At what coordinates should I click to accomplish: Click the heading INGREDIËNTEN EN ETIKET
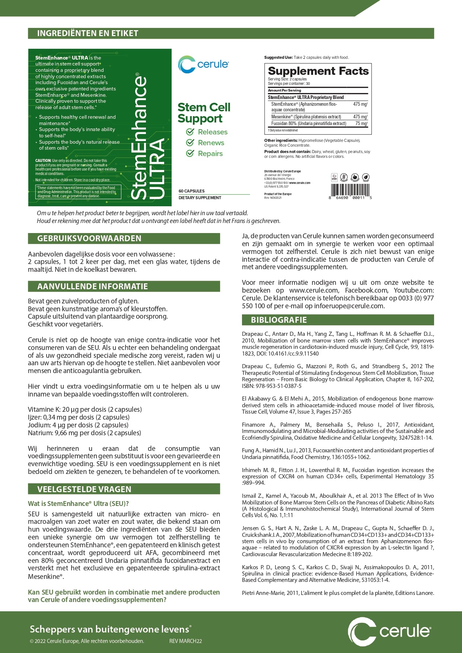pos(87,34)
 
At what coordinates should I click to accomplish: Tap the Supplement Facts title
pos(318,71)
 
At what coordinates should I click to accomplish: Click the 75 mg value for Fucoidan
pos(361,123)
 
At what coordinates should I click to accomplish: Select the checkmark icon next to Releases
pos(190,132)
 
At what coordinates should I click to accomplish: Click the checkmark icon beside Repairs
pos(190,153)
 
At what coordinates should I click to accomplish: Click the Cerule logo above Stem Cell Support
pos(203,64)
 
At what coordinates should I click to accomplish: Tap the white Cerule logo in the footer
pos(389,631)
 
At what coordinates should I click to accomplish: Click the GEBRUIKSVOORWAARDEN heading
pos(89,239)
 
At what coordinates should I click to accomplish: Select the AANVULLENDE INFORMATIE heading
pos(92,287)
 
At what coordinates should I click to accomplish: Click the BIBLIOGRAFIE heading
pos(279,320)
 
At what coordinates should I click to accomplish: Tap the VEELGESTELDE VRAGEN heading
pos(84,489)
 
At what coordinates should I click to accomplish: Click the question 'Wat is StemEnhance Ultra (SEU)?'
pos(78,504)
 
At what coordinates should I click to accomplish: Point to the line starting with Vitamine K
pos(85,410)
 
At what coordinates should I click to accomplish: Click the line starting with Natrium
pos(85,433)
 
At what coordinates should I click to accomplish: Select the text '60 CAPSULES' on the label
pos(191,191)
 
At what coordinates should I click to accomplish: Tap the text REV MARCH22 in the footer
pos(185,641)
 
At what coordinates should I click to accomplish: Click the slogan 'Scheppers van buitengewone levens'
pos(110,629)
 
